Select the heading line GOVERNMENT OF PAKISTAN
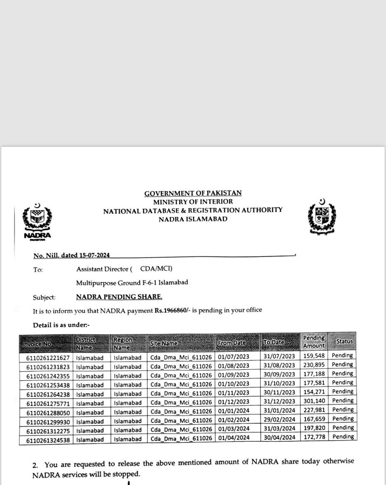pos(193,194)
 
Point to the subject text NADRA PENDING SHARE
pos(119,297)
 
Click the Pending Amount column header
pos(313,342)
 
